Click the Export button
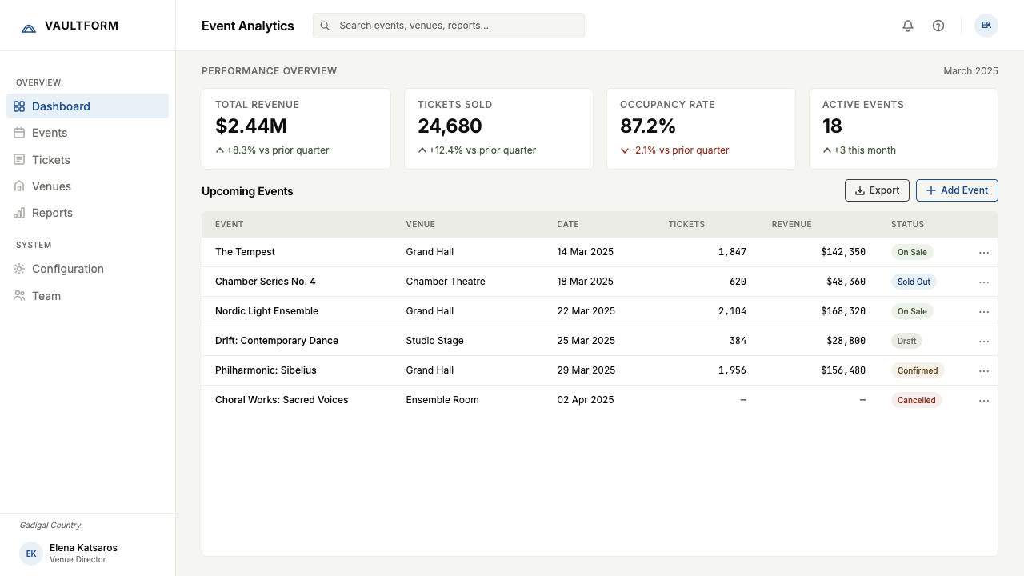877,190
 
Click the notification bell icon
908,26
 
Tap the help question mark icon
938,26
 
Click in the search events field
449,26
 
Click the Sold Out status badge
914,282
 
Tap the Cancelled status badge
916,400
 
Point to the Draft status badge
906,341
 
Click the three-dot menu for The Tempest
984,252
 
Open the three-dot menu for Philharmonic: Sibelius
984,370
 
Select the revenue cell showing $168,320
843,311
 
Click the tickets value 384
738,341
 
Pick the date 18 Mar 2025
585,282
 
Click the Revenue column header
791,225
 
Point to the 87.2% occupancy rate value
648,126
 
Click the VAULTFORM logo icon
29,28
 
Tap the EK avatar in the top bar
986,26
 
